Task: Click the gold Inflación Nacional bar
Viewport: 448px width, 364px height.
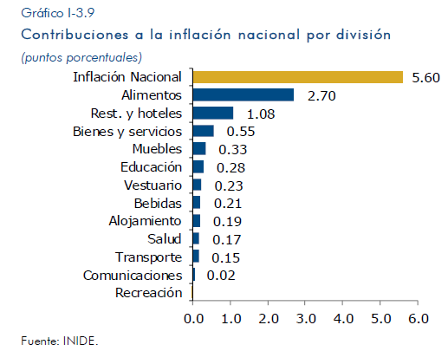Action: [298, 77]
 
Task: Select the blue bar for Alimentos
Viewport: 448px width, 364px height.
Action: [243, 95]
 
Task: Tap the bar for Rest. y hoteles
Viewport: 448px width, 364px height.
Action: [213, 113]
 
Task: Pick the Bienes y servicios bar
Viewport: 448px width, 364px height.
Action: [204, 131]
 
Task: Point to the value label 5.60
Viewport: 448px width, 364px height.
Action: [425, 78]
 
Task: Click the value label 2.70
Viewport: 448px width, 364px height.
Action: [321, 96]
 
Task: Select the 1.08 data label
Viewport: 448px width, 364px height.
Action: [261, 114]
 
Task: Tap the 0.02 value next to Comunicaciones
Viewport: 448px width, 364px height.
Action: [221, 276]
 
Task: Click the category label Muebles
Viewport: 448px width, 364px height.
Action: [157, 149]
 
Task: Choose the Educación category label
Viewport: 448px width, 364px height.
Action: [152, 167]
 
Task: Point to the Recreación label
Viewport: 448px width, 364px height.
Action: [149, 293]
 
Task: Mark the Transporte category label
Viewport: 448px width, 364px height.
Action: [149, 257]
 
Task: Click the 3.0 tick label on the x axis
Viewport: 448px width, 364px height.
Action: [306, 319]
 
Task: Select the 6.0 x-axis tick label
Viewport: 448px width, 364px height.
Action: [419, 319]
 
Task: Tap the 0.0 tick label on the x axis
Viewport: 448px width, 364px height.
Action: [193, 319]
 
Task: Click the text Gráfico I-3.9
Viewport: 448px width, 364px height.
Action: [58, 13]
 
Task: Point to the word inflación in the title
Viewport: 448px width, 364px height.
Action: [200, 35]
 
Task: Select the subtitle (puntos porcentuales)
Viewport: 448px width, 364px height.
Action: [81, 57]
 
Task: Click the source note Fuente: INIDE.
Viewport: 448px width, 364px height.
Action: [60, 341]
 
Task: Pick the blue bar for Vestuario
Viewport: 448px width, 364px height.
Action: [197, 185]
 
